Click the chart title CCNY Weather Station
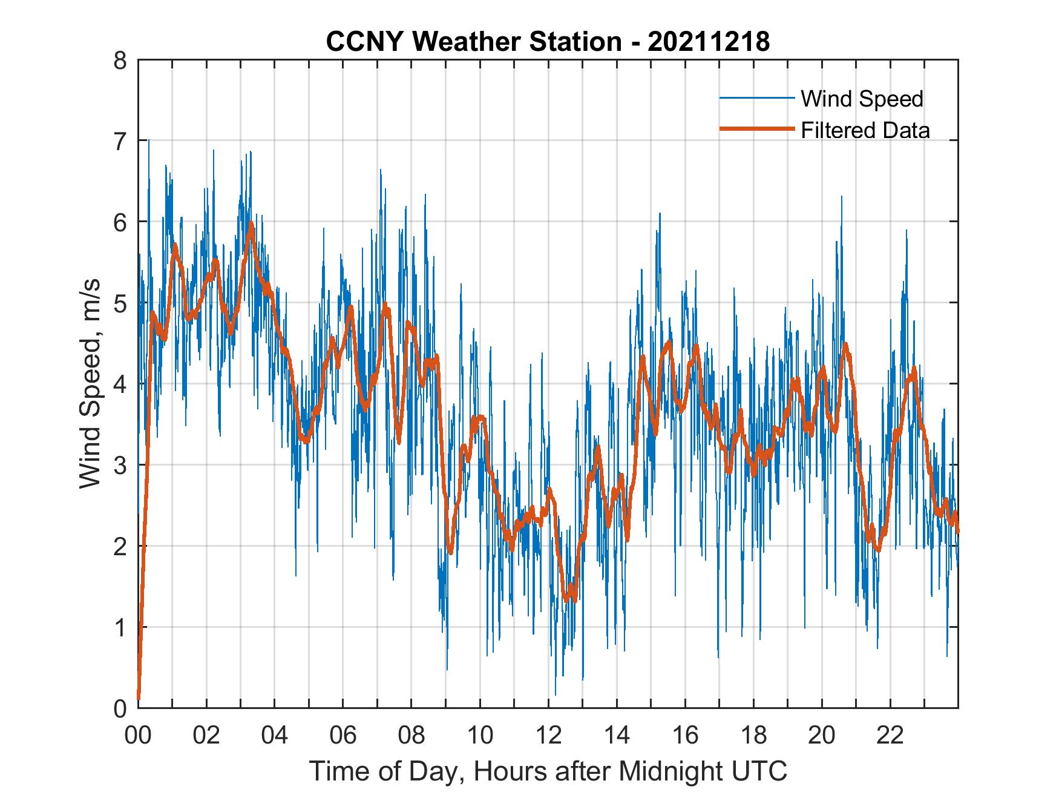[473, 42]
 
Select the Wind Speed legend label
[862, 99]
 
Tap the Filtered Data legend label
[865, 130]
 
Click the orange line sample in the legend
[756, 129]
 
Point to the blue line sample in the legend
[756, 98]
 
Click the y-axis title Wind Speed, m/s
[91, 384]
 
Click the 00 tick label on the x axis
[138, 735]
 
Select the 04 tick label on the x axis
[275, 735]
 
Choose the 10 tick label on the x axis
[480, 735]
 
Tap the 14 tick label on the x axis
[617, 735]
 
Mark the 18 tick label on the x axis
[753, 735]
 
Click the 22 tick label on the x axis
[890, 735]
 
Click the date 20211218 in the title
[709, 42]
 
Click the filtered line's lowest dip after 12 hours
[567, 599]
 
